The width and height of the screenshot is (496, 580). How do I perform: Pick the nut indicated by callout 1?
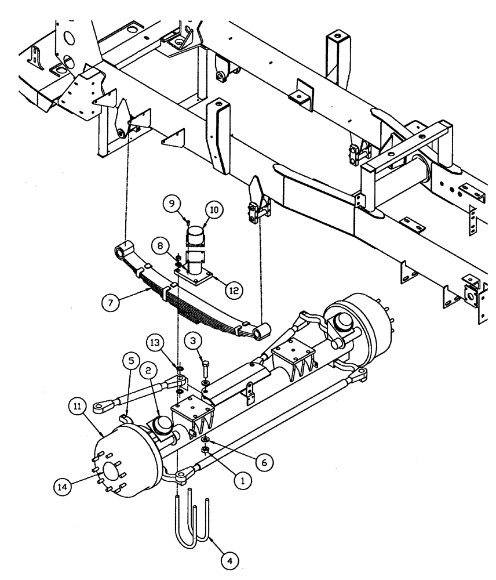(x=205, y=449)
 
